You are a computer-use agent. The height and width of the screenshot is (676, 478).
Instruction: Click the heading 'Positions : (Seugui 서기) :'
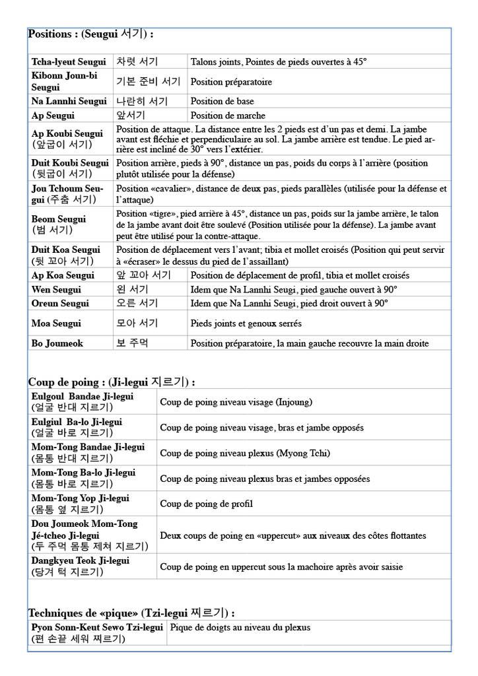click(90, 34)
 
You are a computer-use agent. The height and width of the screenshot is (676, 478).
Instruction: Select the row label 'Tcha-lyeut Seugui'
click(69, 62)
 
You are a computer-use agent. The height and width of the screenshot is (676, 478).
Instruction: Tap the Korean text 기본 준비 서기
click(148, 82)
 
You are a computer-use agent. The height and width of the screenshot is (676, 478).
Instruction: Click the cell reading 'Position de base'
click(222, 102)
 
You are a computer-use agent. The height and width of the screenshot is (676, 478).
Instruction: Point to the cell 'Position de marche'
click(228, 116)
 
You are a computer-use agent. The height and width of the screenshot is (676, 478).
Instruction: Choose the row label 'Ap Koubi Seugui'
click(67, 134)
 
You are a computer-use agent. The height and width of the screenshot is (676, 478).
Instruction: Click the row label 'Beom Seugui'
click(59, 219)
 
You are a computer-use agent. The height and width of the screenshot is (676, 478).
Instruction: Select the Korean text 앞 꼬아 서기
click(143, 275)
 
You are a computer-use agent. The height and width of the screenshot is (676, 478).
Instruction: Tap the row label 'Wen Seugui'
click(56, 290)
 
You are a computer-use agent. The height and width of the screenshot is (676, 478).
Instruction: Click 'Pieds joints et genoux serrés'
click(246, 323)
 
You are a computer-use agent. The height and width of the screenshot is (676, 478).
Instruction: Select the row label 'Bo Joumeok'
click(57, 343)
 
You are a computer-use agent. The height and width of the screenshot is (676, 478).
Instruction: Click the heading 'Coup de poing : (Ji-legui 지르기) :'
click(111, 382)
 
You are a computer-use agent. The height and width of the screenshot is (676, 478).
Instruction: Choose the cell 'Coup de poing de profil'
click(206, 504)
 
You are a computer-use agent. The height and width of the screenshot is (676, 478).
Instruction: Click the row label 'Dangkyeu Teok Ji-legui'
click(81, 560)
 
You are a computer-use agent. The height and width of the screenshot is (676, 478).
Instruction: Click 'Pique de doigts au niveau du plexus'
click(240, 628)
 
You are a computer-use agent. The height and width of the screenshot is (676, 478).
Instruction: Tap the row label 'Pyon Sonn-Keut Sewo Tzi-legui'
click(97, 628)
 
